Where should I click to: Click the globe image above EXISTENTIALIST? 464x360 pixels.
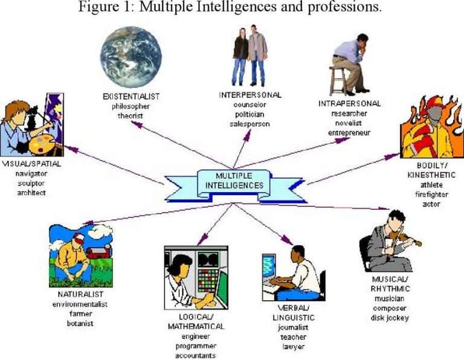click(131, 57)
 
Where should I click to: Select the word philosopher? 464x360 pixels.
click(131, 106)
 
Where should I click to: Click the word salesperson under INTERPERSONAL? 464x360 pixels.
click(250, 123)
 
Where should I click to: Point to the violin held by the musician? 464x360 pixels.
click(405, 239)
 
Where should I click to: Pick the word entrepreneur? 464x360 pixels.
click(349, 132)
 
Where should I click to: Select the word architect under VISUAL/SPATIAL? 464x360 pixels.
click(31, 193)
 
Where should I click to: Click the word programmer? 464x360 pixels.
click(196, 346)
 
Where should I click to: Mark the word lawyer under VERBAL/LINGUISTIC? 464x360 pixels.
click(293, 347)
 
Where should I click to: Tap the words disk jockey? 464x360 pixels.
click(390, 317)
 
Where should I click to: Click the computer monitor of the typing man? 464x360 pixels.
click(269, 265)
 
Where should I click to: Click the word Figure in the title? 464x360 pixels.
click(98, 8)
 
